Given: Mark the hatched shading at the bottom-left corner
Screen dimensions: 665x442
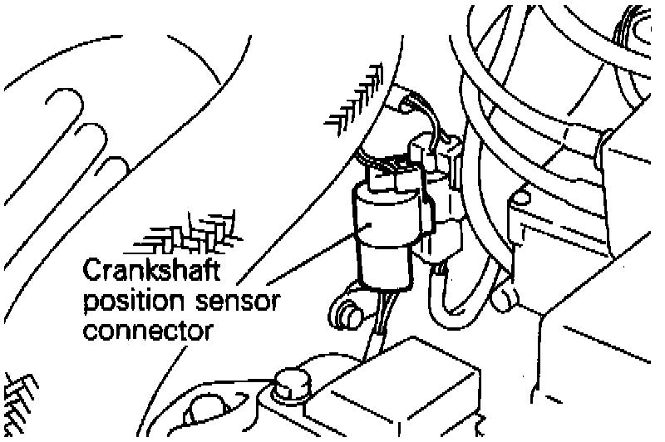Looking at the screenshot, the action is click(x=18, y=399).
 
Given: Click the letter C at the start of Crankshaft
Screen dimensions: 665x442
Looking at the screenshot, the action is click(x=91, y=273).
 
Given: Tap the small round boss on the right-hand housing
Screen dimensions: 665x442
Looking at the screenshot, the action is click(x=521, y=198).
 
